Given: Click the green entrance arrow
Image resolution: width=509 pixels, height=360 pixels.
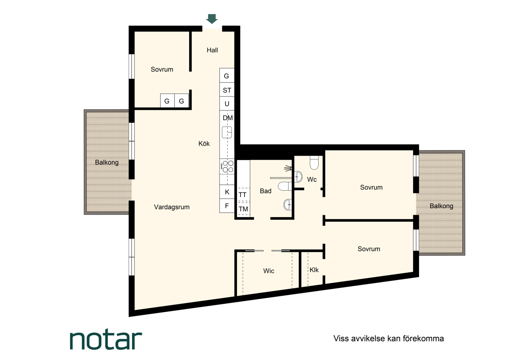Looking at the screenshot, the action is tap(212, 19).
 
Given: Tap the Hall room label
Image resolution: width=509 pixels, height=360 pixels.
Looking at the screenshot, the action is tap(212, 50).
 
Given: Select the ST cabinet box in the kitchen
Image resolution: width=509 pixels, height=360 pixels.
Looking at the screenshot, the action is tap(227, 89).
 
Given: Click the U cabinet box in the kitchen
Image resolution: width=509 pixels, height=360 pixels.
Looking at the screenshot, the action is tap(227, 103).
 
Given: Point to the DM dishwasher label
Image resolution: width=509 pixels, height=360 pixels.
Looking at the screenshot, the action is tap(228, 118).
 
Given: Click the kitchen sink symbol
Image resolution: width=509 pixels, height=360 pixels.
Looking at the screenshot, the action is tap(227, 132).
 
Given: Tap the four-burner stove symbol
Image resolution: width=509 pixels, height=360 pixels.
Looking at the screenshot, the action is tap(227, 166).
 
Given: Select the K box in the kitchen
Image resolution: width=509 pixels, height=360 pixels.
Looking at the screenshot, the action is tap(227, 192).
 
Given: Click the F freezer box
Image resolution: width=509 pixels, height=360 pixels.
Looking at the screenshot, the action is tap(227, 206).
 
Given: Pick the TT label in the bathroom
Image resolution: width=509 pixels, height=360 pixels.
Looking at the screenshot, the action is tap(242, 195).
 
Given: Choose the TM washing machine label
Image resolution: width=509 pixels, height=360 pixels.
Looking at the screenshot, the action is tap(243, 209).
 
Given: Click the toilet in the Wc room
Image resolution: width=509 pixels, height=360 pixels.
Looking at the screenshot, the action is tap(314, 163).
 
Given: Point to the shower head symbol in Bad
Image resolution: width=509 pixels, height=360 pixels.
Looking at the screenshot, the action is tap(288, 169).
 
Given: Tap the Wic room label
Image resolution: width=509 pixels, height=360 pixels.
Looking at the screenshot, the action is tap(268, 271).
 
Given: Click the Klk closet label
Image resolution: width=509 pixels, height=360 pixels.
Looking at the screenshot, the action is tap(314, 270).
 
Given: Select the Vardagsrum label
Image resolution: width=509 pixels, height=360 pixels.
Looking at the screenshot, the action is tap(172, 207).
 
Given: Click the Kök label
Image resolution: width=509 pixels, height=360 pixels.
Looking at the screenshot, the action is tap(204, 143).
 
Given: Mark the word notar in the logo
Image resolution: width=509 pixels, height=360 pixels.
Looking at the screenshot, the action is tap(106, 340).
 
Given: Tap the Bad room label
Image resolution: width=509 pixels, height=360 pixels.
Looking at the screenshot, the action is tap(265, 191).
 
